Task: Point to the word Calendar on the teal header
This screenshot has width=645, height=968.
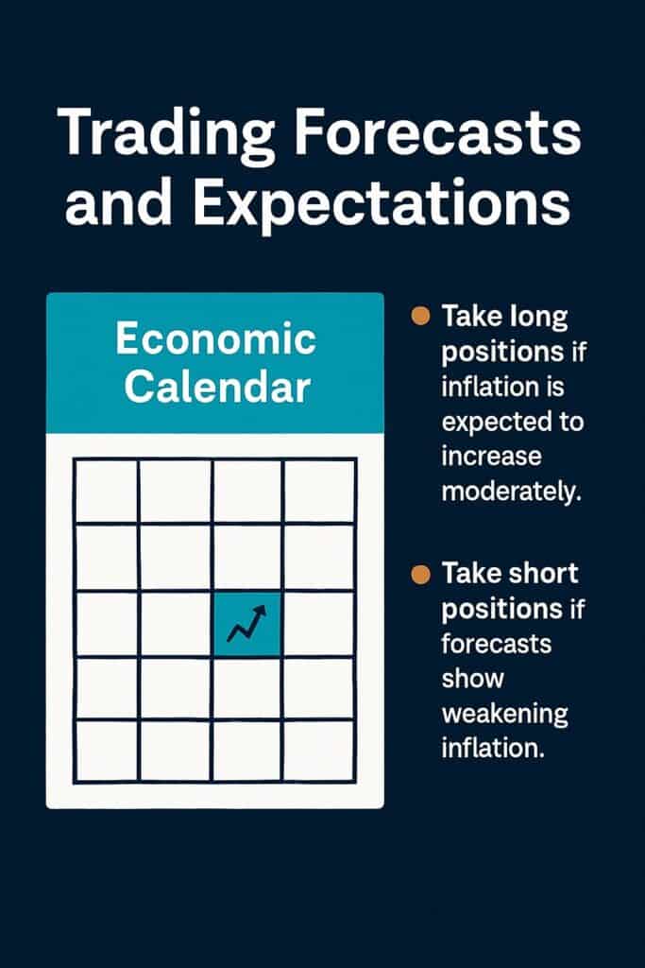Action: [x=215, y=388]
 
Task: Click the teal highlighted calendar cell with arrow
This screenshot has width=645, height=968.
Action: [x=247, y=623]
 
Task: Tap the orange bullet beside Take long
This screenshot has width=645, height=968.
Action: [x=422, y=316]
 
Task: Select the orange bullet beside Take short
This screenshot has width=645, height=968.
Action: [x=422, y=573]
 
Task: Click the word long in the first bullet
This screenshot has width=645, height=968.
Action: [x=538, y=317]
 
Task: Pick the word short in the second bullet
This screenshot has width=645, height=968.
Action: [x=544, y=574]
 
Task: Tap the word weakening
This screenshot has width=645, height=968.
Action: [x=504, y=714]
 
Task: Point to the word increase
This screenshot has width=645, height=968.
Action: [x=491, y=457]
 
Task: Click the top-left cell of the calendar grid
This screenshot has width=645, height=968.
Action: [x=107, y=491]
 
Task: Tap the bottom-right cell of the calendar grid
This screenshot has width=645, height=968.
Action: [x=319, y=750]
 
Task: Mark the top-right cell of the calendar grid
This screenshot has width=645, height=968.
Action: [x=319, y=491]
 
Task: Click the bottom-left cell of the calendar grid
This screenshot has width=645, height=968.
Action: [x=107, y=750]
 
